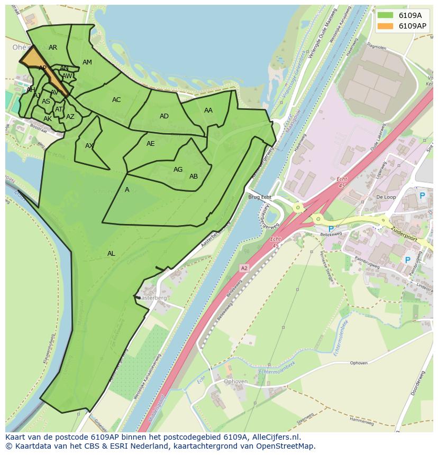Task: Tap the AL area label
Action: tap(111, 254)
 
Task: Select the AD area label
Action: tap(164, 116)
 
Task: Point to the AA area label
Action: tap(208, 110)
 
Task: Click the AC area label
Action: tap(116, 100)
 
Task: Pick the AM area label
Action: tap(87, 62)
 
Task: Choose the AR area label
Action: tap(53, 48)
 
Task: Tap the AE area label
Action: tap(151, 144)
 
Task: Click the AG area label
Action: tap(178, 170)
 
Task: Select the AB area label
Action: tap(194, 177)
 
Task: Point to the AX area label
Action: tap(89, 146)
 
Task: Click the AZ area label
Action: tap(70, 117)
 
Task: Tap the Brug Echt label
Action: tap(259, 197)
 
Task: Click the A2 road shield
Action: tap(244, 268)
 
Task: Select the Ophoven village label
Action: tap(235, 382)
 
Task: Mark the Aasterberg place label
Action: tap(153, 298)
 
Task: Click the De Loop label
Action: tap(386, 197)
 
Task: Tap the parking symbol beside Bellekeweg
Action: tap(331, 229)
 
